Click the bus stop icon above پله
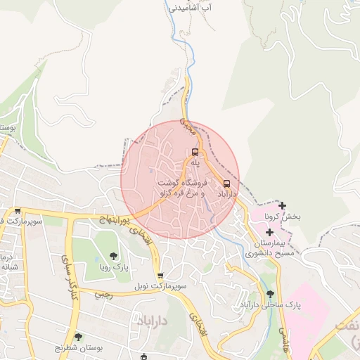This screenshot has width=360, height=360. [x=195, y=152]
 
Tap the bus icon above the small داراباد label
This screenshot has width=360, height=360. [x=226, y=184]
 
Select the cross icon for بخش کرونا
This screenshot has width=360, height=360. [x=283, y=205]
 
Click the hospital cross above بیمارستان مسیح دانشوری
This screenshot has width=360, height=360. [x=269, y=232]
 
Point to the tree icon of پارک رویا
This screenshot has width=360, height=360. [x=113, y=256]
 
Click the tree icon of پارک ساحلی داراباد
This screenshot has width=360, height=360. [x=270, y=295]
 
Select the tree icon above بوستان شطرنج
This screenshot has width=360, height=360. [x=78, y=337]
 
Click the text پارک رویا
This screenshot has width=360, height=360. [x=113, y=268]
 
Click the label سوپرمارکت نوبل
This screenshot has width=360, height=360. [x=161, y=287]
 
